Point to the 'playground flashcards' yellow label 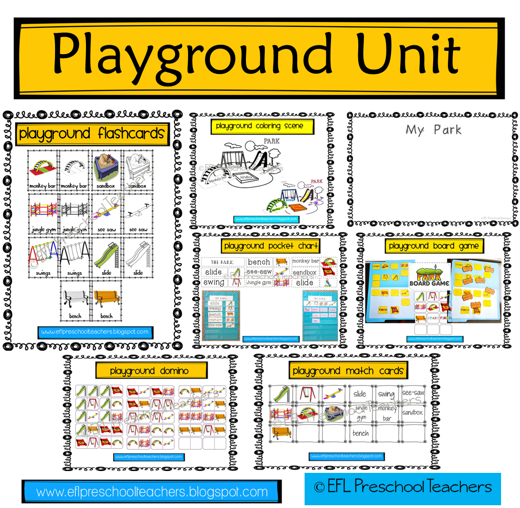coord(92,134)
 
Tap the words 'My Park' coord(433,130)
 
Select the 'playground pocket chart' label coord(271,246)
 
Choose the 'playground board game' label coord(434,246)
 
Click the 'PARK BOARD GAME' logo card coord(429,276)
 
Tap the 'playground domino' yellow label coord(149,371)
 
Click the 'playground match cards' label coord(348,371)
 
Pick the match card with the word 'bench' coord(361,433)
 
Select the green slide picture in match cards coord(281,394)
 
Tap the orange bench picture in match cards coord(281,433)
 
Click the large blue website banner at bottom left coord(152,492)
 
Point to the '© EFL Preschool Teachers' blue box coord(403,488)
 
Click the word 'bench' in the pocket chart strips coord(259,262)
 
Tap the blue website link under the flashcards coord(95,332)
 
